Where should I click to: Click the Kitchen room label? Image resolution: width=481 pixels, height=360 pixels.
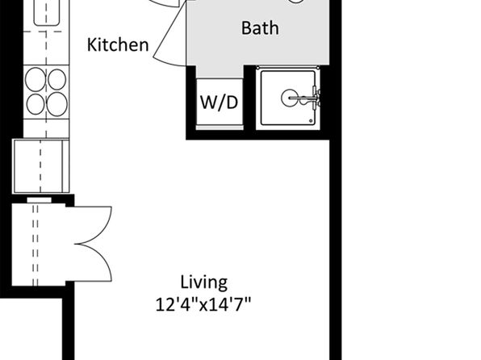tap(118, 45)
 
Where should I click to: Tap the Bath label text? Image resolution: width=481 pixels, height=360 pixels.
tap(260, 28)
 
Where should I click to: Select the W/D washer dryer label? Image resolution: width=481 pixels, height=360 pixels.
tap(220, 103)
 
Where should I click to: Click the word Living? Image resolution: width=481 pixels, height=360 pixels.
tap(203, 283)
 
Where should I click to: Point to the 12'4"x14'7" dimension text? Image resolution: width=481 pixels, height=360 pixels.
tap(203, 305)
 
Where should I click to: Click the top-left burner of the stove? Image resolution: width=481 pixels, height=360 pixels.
tap(36, 79)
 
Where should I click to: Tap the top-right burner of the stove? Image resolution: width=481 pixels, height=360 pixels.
tap(56, 79)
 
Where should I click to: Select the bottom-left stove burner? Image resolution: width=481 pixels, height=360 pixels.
tap(36, 104)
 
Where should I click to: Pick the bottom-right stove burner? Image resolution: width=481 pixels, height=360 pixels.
tap(57, 104)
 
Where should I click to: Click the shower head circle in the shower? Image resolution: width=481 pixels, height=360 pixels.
tap(289, 98)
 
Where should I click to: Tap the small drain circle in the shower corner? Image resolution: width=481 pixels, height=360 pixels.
tap(311, 121)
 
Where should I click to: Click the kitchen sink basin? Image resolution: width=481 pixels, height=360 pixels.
tap(47, 12)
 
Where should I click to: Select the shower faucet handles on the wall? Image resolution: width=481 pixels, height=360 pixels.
tap(315, 98)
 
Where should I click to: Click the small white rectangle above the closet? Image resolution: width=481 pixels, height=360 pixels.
tap(40, 200)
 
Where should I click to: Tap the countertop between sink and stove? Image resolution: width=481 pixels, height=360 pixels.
tap(46, 48)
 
